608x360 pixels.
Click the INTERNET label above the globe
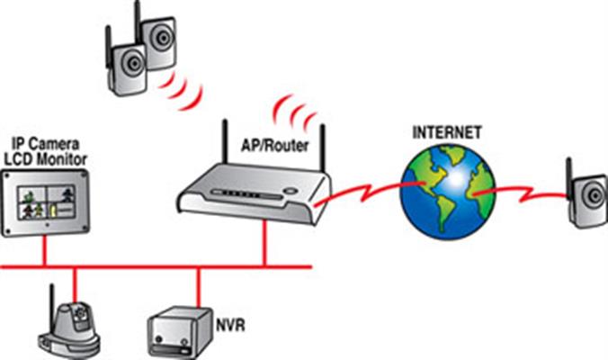coord(446,132)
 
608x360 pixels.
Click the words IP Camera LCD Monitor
coord(49,151)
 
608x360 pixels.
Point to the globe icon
coord(448,193)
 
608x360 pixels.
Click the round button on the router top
coord(290,191)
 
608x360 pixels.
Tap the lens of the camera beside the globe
coord(593,192)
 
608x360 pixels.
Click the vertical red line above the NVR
coord(196,288)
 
